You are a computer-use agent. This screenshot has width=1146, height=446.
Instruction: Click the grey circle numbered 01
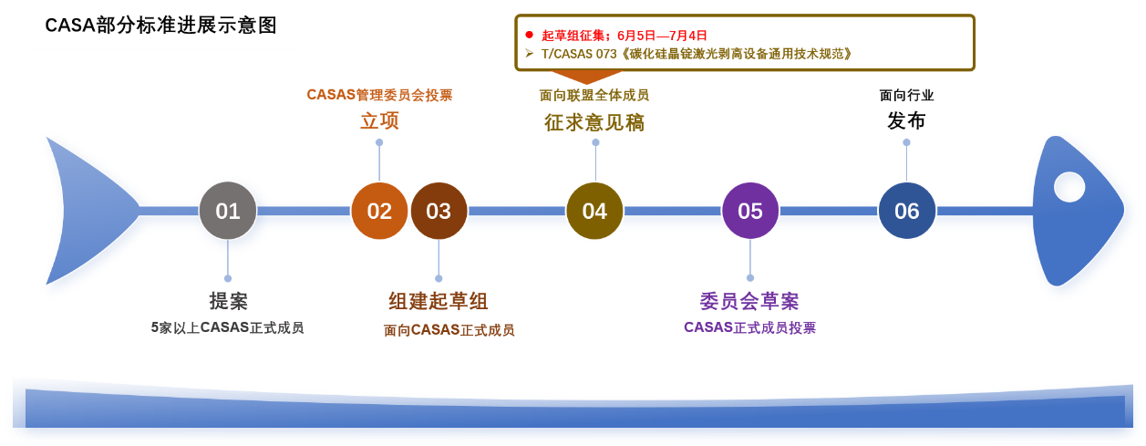tap(228, 211)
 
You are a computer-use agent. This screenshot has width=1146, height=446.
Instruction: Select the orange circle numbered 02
tap(379, 211)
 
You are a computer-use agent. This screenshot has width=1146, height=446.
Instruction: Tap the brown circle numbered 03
tap(439, 211)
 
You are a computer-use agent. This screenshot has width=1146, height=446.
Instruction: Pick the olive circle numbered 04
tap(594, 211)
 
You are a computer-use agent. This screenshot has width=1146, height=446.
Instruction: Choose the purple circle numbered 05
tap(750, 211)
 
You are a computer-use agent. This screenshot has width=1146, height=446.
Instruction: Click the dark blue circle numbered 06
tap(906, 211)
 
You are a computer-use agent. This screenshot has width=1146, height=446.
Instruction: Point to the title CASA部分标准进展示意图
tap(160, 26)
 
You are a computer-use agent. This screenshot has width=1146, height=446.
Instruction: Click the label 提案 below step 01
tap(228, 301)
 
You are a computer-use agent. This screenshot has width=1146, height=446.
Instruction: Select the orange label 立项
tap(379, 120)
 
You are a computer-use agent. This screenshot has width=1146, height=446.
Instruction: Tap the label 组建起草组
tap(439, 301)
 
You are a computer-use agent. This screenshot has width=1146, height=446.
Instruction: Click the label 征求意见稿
tap(594, 122)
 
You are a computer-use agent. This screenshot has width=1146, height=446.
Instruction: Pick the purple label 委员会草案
tap(749, 301)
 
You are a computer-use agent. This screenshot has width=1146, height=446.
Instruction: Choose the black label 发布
tap(906, 120)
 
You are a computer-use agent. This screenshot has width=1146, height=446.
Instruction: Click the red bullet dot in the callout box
tap(530, 35)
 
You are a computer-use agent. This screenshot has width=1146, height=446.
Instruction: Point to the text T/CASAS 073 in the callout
tap(579, 54)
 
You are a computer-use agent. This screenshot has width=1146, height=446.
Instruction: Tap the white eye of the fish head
tap(1069, 187)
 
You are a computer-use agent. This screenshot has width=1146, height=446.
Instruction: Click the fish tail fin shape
tap(89, 211)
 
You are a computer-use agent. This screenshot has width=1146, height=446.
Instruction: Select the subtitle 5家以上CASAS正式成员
tap(228, 327)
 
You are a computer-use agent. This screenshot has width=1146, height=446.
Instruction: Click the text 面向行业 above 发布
tap(906, 95)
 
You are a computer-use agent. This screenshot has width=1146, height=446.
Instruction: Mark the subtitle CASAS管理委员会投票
tap(379, 95)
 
